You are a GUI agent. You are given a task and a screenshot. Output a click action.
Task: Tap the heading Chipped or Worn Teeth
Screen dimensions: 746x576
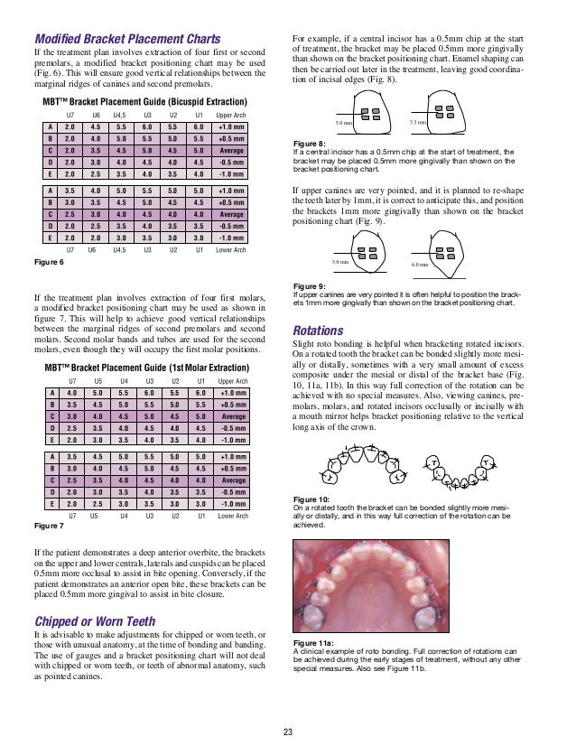tap(92, 621)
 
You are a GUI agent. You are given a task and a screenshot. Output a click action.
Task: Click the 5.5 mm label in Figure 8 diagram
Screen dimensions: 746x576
tap(419, 121)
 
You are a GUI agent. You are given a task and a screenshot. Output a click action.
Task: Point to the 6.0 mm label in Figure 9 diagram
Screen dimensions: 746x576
tap(421, 264)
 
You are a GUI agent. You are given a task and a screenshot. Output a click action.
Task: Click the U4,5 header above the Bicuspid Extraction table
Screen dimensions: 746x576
tap(119, 116)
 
